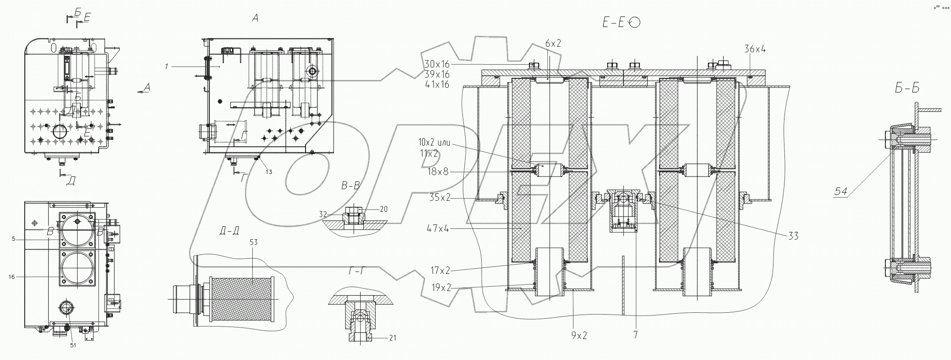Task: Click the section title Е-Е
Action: point(614,22)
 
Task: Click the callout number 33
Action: point(793,236)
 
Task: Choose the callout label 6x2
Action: point(553,44)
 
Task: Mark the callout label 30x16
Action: point(437,64)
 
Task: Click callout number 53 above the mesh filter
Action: point(254,243)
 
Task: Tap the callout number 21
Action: point(392,338)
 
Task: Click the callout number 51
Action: point(73,345)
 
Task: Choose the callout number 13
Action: point(268,172)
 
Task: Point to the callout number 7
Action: point(635,335)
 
